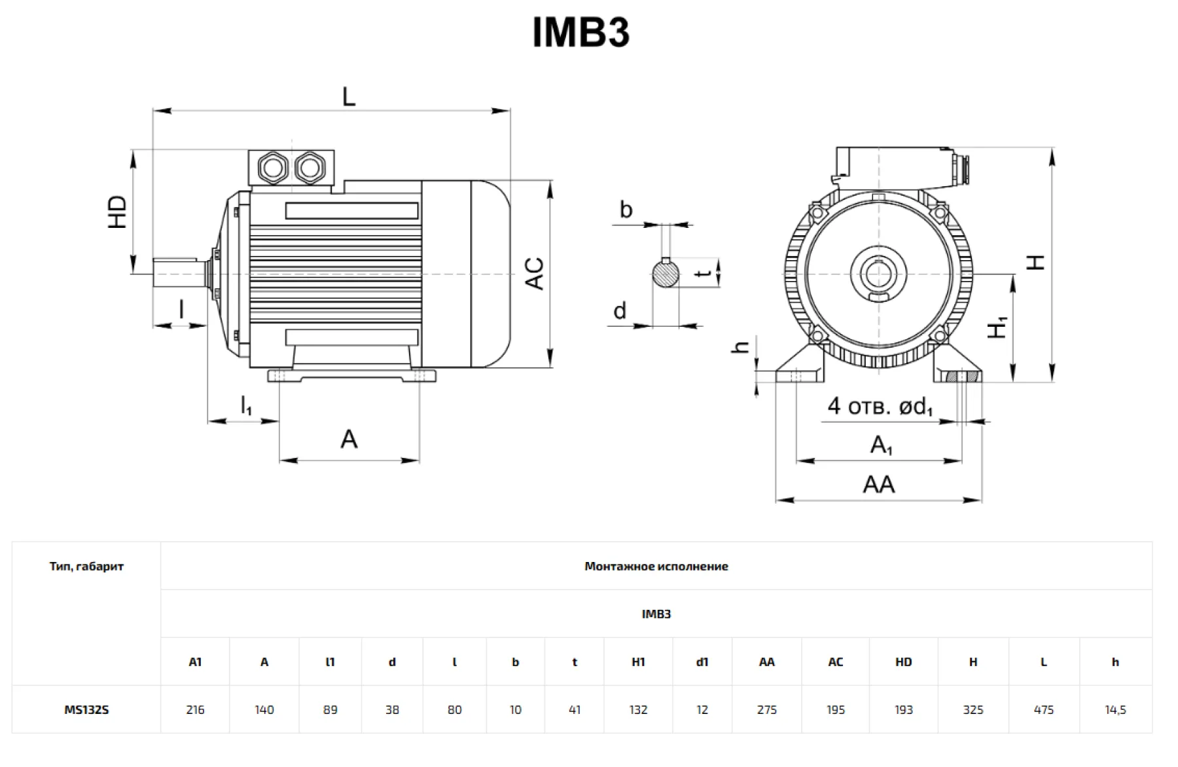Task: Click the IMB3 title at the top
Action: [580, 33]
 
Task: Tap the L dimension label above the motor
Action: [348, 97]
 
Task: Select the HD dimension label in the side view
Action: [118, 212]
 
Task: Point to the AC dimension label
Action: [535, 274]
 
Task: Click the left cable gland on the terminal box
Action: [272, 168]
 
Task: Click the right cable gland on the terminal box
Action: [309, 168]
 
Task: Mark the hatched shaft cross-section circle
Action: [666, 273]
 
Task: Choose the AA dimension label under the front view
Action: [878, 485]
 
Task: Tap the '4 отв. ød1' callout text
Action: [880, 406]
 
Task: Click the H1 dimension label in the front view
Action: [997, 327]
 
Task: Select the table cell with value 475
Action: [1043, 709]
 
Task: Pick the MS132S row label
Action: [86, 709]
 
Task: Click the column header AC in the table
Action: [835, 662]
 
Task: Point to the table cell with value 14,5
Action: [1115, 709]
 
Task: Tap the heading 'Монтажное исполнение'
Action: [656, 566]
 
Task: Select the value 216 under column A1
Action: [195, 709]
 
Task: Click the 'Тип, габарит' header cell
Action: [86, 566]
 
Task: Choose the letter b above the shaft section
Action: [626, 210]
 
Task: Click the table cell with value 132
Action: [638, 709]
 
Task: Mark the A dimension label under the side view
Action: [349, 439]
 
